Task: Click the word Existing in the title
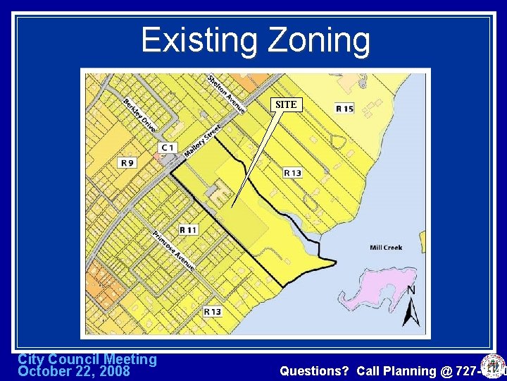[x=199, y=40]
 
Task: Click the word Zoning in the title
[x=318, y=40]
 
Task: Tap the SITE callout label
[x=286, y=104]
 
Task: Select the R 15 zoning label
[x=344, y=109]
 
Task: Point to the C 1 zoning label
[x=168, y=147]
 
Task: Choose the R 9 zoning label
[x=127, y=163]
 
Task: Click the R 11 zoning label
[x=188, y=229]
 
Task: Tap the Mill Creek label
[x=386, y=247]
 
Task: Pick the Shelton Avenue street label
[x=226, y=94]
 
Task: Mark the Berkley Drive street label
[x=139, y=115]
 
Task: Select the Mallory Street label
[x=202, y=140]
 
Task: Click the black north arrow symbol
[x=411, y=312]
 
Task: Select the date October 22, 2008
[x=73, y=371]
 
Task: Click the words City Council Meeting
[x=87, y=359]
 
